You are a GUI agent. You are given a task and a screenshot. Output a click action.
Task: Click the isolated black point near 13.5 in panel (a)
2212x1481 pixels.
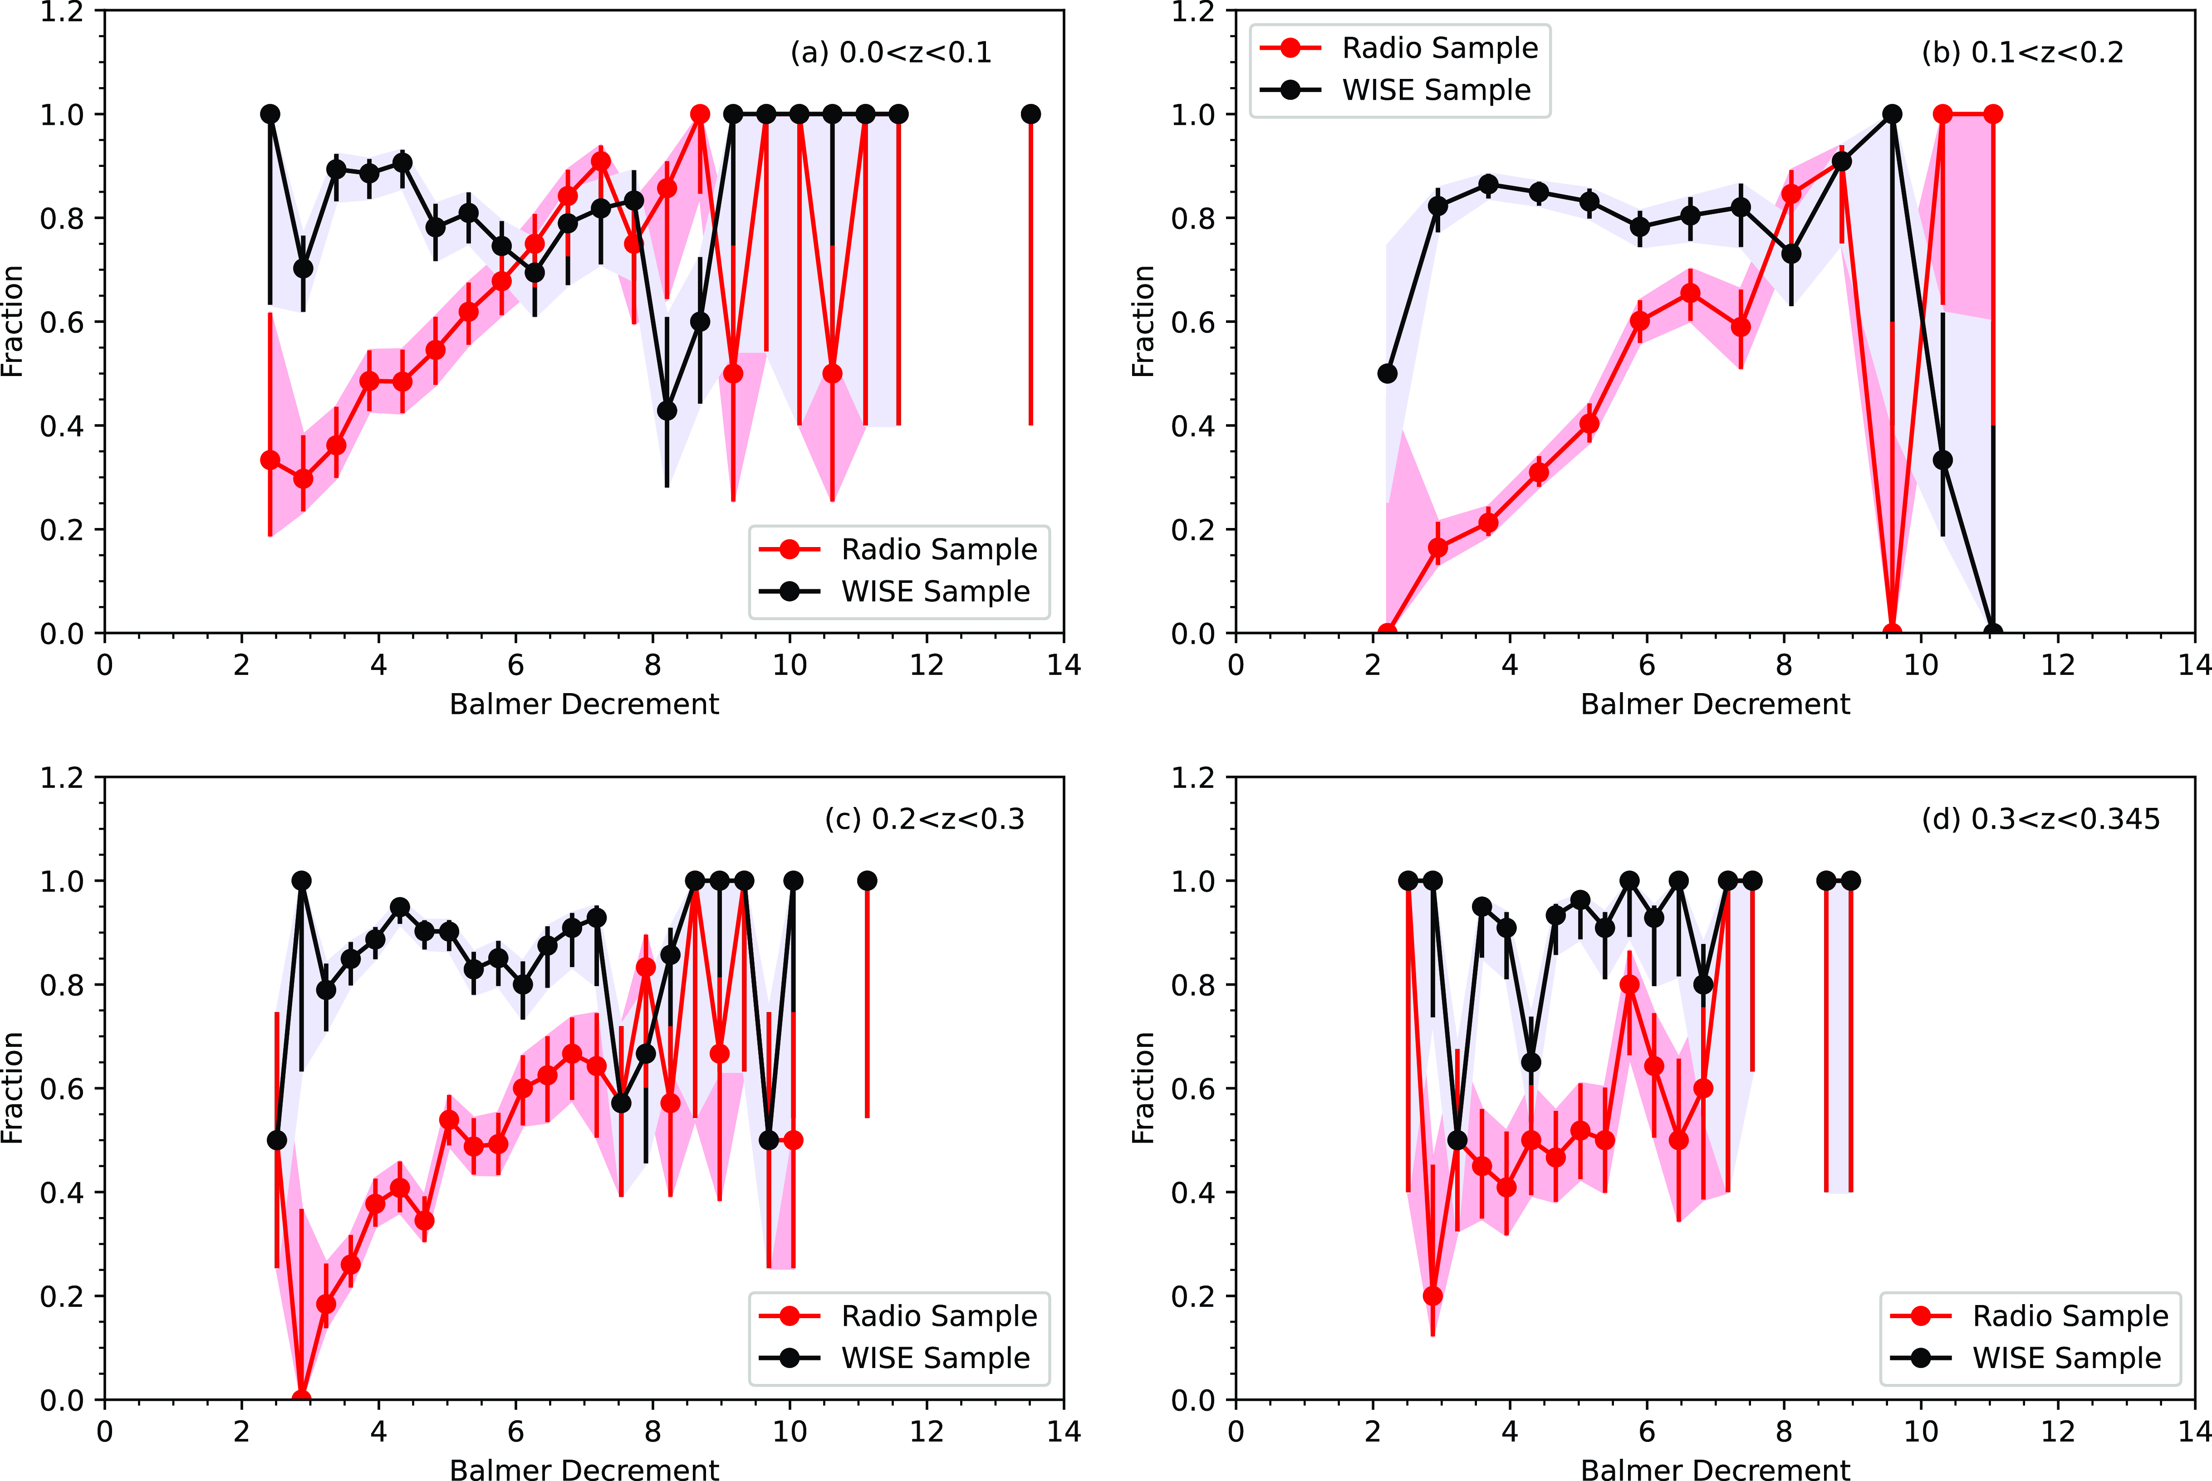point(1031,114)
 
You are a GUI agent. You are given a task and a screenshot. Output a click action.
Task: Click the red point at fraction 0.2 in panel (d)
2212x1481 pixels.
point(1432,1296)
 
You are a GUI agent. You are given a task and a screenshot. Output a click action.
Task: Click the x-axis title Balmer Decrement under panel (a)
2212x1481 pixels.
point(584,704)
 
